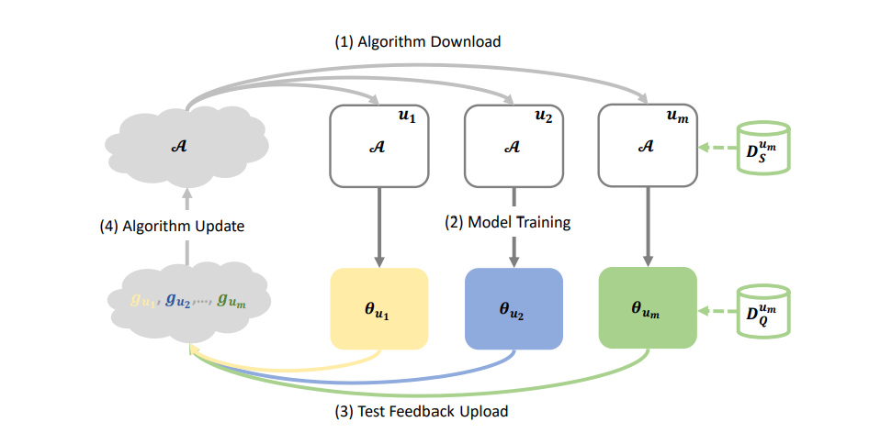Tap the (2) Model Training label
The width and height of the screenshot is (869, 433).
coord(509,222)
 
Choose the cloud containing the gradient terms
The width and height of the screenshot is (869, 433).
coord(188,299)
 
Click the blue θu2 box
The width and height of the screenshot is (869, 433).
coord(513,308)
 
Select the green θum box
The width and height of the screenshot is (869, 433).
coord(647,308)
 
